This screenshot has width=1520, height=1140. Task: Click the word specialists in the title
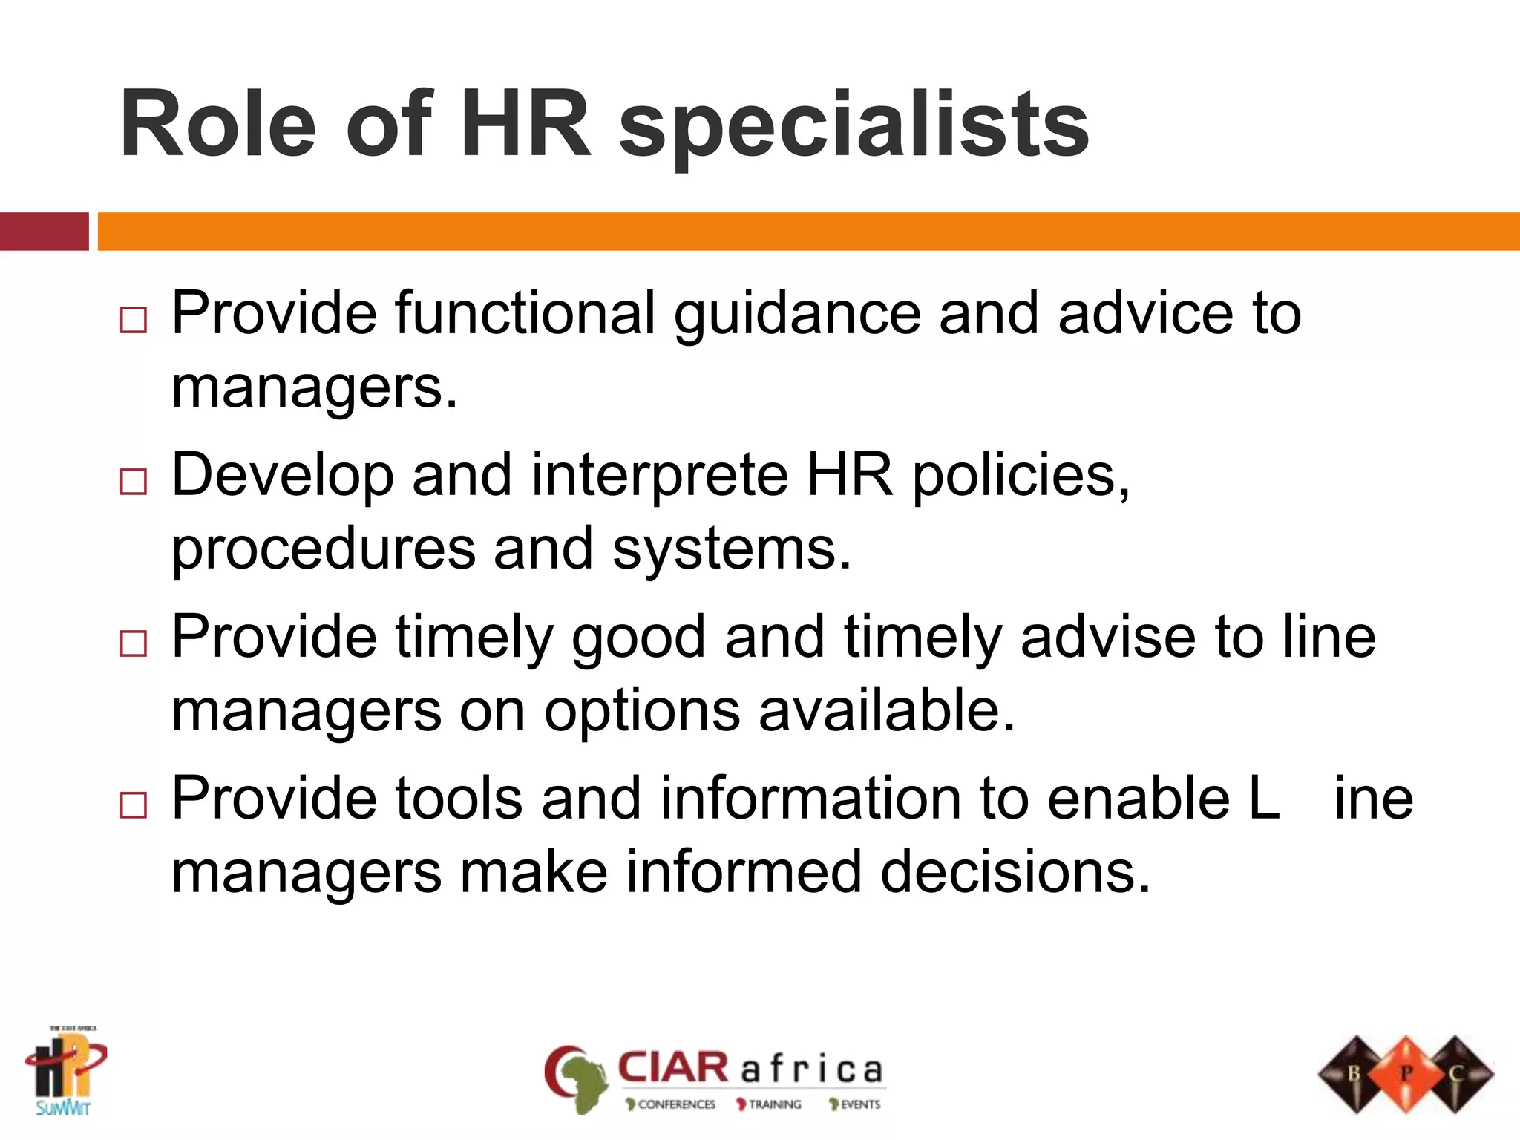coord(854,126)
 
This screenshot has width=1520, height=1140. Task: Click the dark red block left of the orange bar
coord(44,232)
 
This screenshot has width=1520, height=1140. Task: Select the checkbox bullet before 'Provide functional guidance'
coord(134,320)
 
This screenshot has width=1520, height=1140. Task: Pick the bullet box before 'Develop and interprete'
coord(134,482)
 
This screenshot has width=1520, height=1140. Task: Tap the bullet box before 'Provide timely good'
coord(134,643)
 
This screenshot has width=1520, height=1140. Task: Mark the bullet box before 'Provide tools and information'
coord(134,805)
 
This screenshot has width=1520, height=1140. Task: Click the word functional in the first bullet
coord(525,313)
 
